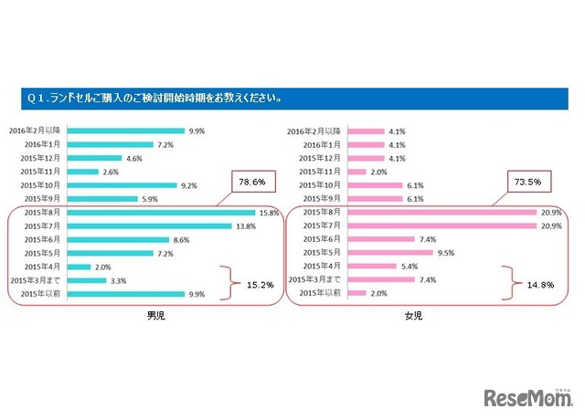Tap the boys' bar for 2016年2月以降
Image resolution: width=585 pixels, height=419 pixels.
point(127,131)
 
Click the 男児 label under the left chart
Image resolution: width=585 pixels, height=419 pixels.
point(156,316)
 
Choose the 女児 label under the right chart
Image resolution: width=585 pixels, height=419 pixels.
point(413,316)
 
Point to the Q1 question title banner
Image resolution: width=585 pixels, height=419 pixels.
point(292,97)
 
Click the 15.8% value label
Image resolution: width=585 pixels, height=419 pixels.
point(267,212)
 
